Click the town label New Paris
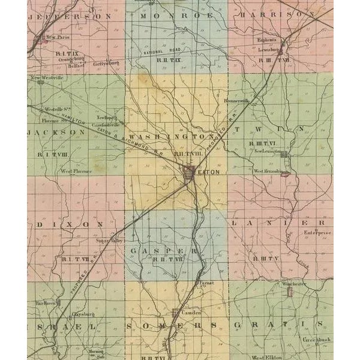(x=60, y=37)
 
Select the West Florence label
(x=76, y=171)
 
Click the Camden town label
(x=191, y=312)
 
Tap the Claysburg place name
(x=84, y=314)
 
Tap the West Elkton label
(x=267, y=357)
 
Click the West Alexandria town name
(x=267, y=171)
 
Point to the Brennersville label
(x=236, y=101)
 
